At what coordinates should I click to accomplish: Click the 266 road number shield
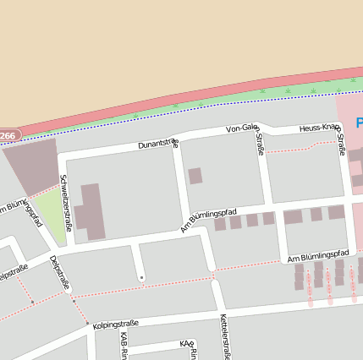tap(8, 135)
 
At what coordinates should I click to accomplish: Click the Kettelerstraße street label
tap(225, 336)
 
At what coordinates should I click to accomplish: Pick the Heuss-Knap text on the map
tap(320, 128)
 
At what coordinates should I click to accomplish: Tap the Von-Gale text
tap(241, 128)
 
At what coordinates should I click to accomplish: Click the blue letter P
tap(359, 123)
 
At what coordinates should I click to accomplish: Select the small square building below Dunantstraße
tap(195, 176)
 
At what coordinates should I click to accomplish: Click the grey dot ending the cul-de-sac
tap(141, 277)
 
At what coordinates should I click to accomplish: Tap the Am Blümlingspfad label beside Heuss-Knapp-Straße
tap(318, 255)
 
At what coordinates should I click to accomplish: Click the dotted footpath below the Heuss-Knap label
tap(292, 150)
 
